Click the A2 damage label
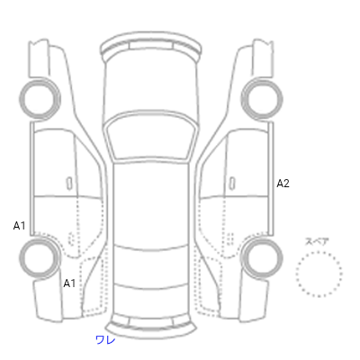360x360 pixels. [283, 184]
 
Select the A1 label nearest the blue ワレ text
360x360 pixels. [69, 283]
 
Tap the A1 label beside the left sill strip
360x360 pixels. [19, 226]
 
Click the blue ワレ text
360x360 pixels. [105, 339]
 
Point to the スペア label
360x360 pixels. [317, 241]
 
